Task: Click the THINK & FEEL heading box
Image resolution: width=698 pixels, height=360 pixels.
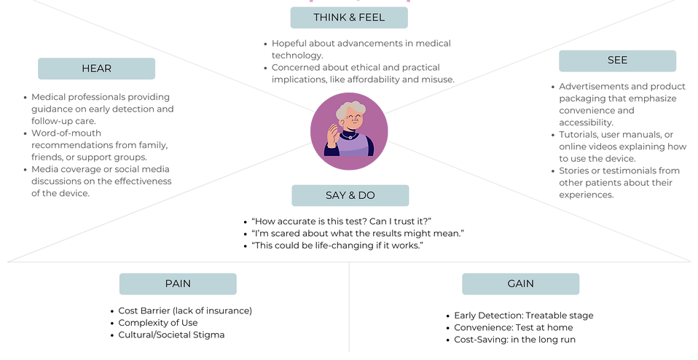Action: [x=349, y=17]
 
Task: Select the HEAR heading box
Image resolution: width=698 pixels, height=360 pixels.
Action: [x=97, y=69]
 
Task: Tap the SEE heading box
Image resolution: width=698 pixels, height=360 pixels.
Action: [x=617, y=61]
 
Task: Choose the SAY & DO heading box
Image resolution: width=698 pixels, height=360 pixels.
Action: [x=350, y=195]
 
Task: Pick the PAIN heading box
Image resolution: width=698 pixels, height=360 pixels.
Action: [x=178, y=284]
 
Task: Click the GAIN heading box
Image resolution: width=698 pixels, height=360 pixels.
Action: [x=521, y=284]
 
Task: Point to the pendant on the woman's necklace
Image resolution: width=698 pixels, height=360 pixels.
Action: [x=350, y=137]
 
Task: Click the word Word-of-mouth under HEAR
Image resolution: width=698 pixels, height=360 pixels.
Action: [x=66, y=133]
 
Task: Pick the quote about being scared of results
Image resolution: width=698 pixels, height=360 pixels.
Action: [x=358, y=234]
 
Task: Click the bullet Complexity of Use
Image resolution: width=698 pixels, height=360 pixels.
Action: [x=158, y=323]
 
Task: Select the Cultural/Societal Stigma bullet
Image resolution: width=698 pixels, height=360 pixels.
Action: [x=171, y=335]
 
